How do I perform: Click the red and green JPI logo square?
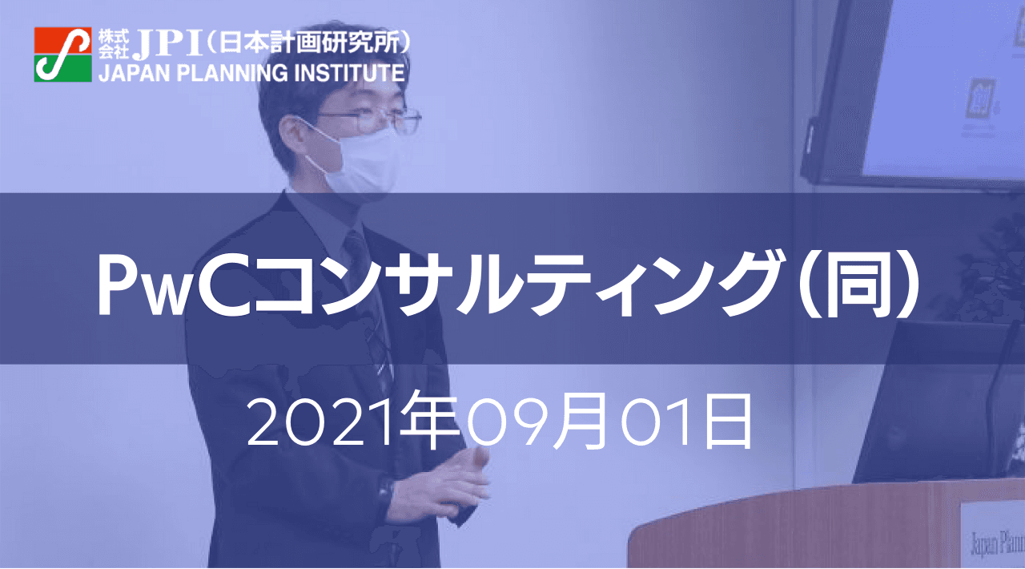(62, 54)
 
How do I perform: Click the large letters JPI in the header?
(167, 44)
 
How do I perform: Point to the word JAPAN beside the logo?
(135, 73)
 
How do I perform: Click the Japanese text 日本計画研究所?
(309, 42)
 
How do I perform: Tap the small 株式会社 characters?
(114, 44)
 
